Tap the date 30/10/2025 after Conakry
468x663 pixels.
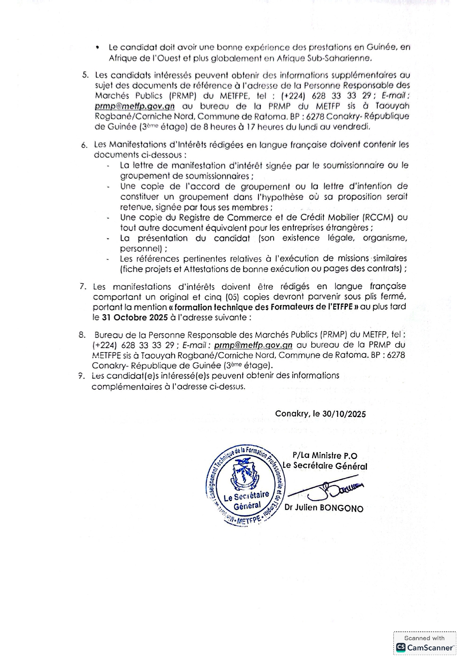tap(344, 414)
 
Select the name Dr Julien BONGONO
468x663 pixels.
tap(324, 508)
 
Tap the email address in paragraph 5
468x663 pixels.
tap(135, 107)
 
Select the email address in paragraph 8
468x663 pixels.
tap(253, 345)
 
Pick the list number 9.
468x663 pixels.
tap(81, 376)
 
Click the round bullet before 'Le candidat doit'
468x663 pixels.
tap(98, 48)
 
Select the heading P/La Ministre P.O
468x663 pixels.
tap(325, 456)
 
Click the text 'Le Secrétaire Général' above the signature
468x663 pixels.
tap(325, 466)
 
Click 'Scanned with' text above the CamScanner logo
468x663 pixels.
tap(425, 638)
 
